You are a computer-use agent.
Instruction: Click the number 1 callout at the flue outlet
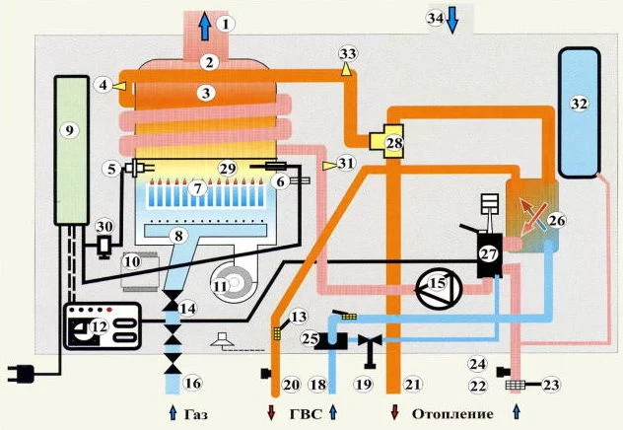click(x=226, y=24)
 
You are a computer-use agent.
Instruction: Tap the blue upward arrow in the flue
click(x=205, y=26)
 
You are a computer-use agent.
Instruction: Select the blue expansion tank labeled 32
click(x=579, y=112)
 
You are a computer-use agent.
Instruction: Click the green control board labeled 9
click(x=71, y=150)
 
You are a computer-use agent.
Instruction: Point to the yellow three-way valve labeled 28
click(x=386, y=141)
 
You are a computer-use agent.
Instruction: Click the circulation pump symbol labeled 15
click(x=439, y=285)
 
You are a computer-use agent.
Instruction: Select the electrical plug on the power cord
click(x=22, y=374)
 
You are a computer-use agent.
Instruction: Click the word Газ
click(x=196, y=414)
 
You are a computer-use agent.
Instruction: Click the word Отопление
click(x=452, y=414)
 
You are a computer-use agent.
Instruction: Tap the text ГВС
click(x=306, y=414)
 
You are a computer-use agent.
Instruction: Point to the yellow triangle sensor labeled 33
click(x=347, y=69)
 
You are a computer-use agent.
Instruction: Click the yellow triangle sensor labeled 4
click(x=119, y=86)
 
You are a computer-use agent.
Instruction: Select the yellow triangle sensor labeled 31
click(x=328, y=166)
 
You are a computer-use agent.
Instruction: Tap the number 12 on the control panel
click(x=100, y=326)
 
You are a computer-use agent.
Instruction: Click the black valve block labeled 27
click(x=489, y=255)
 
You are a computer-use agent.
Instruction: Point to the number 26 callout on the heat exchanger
click(x=557, y=220)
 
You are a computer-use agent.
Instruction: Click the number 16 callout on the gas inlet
click(x=193, y=383)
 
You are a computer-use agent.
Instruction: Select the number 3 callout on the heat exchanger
click(x=206, y=93)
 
